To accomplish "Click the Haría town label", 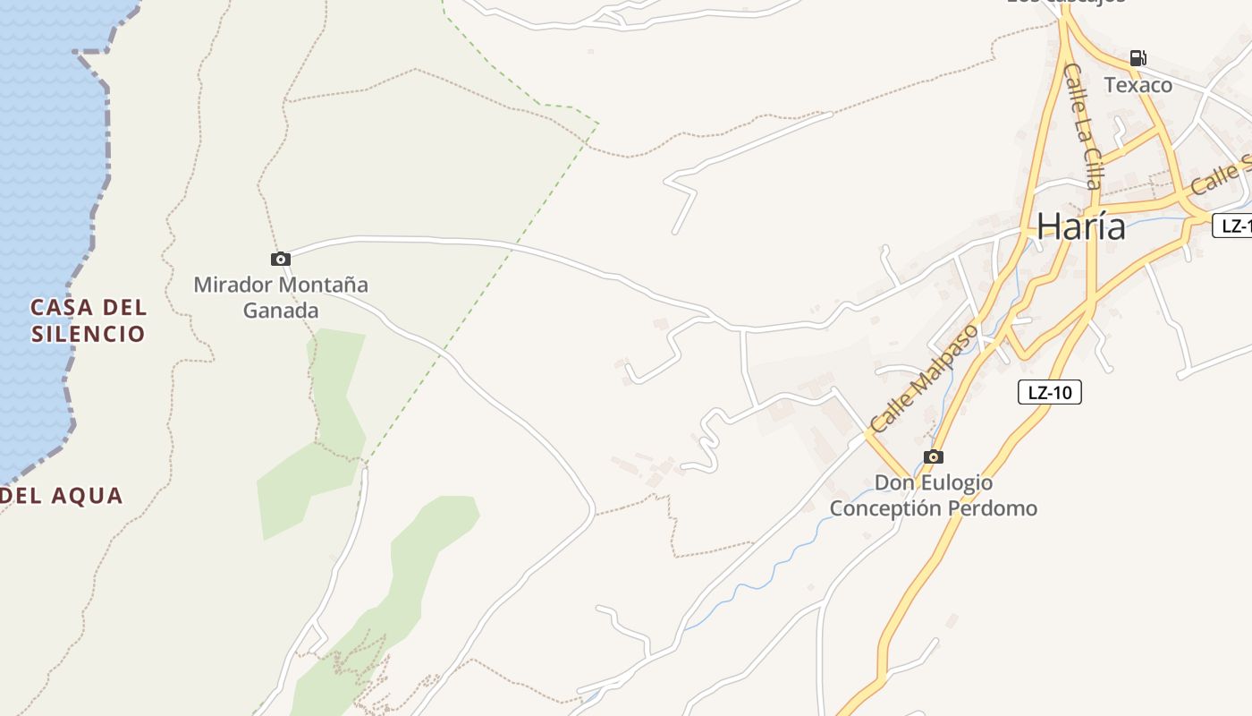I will click(x=1080, y=226).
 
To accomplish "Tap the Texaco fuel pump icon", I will click(x=1138, y=58).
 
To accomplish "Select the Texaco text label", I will click(x=1138, y=85).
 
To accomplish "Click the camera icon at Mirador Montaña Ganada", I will click(x=281, y=259).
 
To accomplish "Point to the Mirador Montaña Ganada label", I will click(x=281, y=297).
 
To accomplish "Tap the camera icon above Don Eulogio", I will click(x=934, y=456).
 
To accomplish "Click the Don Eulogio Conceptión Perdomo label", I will click(x=934, y=496).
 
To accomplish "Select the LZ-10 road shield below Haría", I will click(x=1049, y=392).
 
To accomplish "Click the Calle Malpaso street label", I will click(x=925, y=378).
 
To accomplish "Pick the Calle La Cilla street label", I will click(x=1082, y=125).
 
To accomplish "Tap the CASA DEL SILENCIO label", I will click(x=88, y=320).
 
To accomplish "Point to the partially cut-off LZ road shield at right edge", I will click(x=1234, y=226).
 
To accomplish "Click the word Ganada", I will click(x=281, y=311).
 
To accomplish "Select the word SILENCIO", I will click(x=88, y=334).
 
